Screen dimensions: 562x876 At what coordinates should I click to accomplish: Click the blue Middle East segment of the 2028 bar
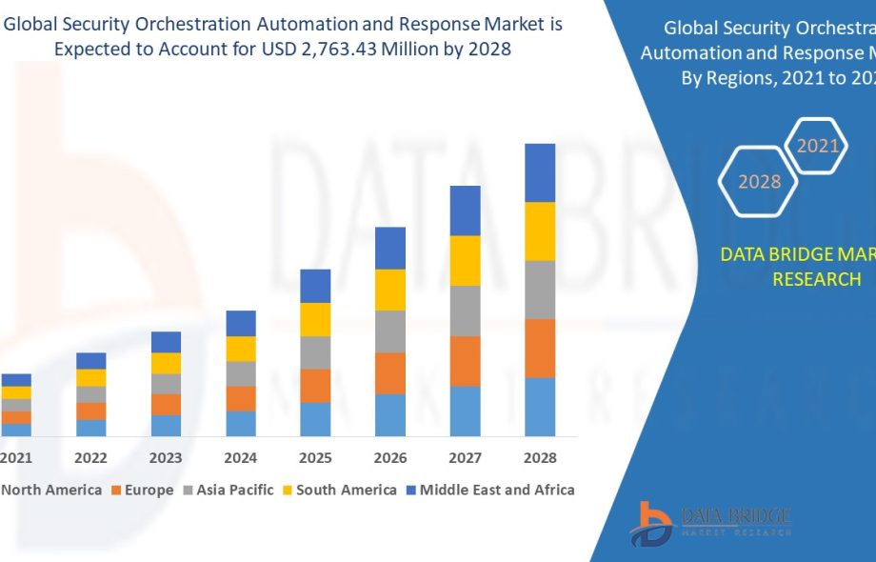[540, 172]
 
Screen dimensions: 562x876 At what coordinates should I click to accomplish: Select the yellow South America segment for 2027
[465, 260]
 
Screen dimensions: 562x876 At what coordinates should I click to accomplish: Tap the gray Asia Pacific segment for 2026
[390, 331]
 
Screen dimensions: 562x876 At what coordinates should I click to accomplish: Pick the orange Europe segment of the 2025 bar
[315, 386]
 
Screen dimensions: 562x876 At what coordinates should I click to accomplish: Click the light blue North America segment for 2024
[241, 424]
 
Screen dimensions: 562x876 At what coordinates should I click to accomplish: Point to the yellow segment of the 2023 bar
[166, 363]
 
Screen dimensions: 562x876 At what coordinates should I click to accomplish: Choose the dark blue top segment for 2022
[91, 361]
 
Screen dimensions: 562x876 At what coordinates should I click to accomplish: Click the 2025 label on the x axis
[315, 458]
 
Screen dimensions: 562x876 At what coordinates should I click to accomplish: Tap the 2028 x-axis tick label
[540, 458]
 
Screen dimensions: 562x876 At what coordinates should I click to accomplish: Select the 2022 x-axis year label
[91, 458]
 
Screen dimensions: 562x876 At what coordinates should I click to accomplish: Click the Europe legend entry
[143, 491]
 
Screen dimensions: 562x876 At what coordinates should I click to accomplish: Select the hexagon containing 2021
[818, 146]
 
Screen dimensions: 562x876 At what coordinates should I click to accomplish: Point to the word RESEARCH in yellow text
[816, 279]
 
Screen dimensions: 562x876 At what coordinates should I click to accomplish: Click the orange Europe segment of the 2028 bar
[540, 349]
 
